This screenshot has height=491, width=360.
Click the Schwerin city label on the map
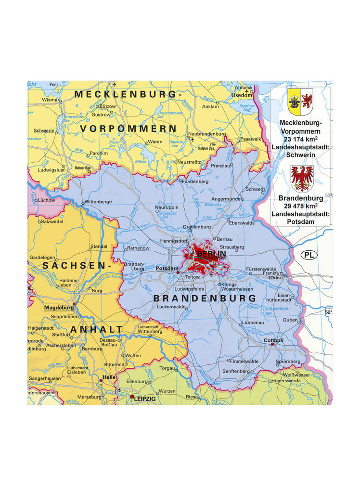(x=44, y=130)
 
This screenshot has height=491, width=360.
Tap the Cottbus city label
(x=273, y=340)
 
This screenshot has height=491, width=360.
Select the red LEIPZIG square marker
(x=132, y=397)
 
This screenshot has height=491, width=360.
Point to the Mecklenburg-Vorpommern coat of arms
(x=300, y=102)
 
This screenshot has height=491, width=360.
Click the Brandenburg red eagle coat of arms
(x=302, y=178)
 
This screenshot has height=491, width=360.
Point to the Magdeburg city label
(x=59, y=307)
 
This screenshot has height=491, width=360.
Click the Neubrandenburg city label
(x=207, y=134)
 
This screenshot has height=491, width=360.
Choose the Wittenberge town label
(x=98, y=202)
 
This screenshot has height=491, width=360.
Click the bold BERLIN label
(x=211, y=254)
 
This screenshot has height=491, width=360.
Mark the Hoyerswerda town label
(x=286, y=380)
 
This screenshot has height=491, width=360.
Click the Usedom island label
(x=242, y=95)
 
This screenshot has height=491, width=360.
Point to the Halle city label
(x=109, y=377)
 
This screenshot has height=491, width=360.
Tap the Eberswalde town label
(x=242, y=223)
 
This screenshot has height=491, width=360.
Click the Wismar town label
(x=51, y=100)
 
